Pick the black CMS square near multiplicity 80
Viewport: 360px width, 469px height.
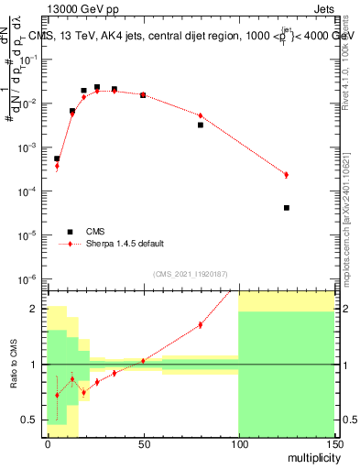click(201, 125)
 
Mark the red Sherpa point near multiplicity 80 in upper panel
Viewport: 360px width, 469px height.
click(201, 115)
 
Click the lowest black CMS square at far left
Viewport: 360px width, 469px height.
click(57, 158)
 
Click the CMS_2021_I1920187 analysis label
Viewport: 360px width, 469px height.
click(190, 274)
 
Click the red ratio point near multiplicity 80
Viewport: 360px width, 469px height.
click(201, 324)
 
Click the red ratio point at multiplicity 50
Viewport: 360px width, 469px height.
click(143, 361)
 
